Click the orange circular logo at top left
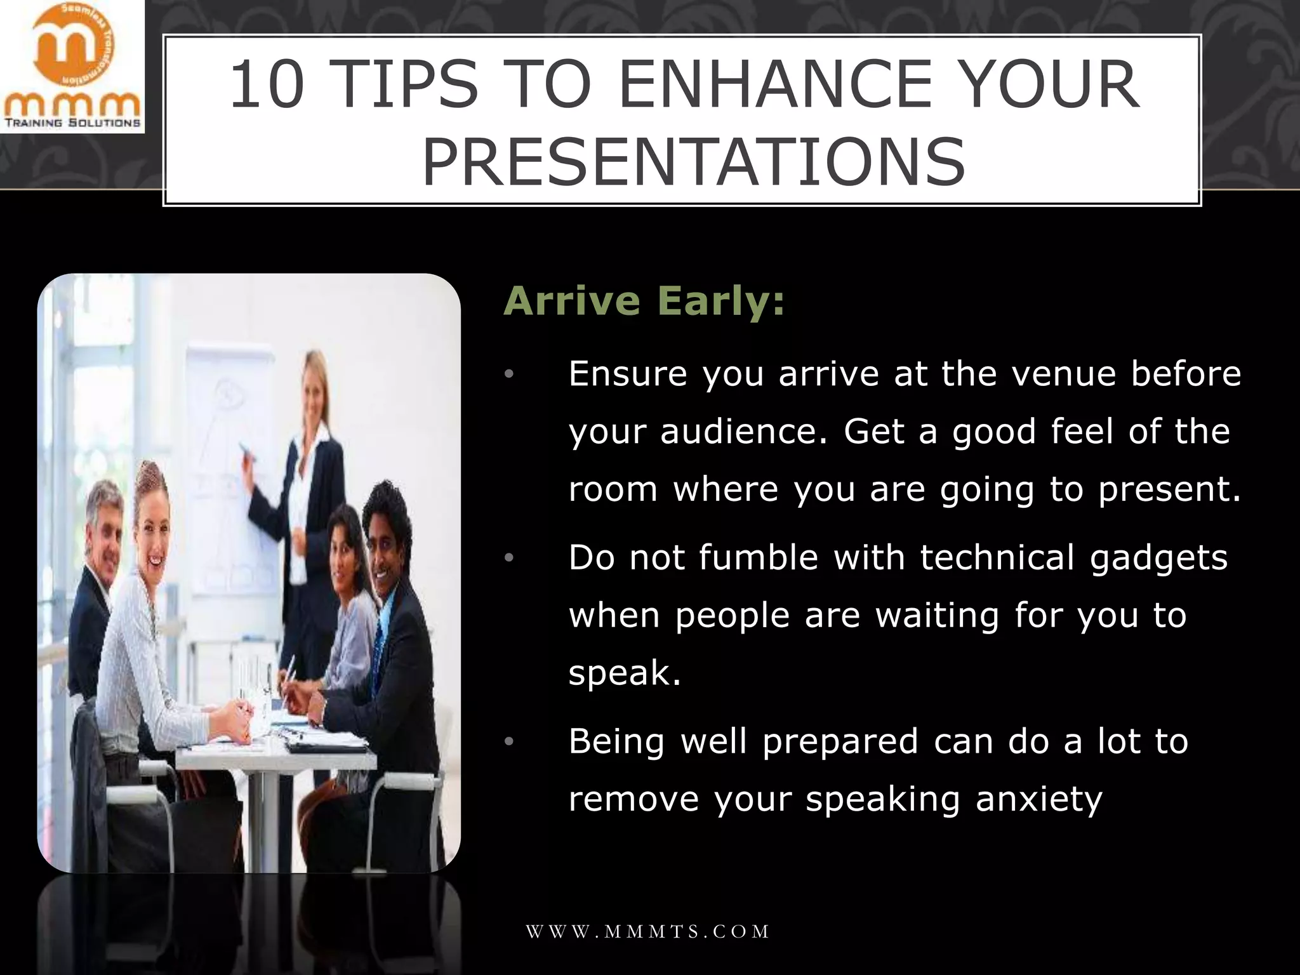[72, 52]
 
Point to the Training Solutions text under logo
[72, 123]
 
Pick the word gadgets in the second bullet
[1158, 559]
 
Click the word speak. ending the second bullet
[625, 673]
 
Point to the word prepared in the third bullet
[840, 741]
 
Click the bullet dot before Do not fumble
[508, 559]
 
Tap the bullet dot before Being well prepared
[508, 742]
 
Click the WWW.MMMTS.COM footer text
[647, 931]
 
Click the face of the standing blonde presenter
[313, 386]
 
